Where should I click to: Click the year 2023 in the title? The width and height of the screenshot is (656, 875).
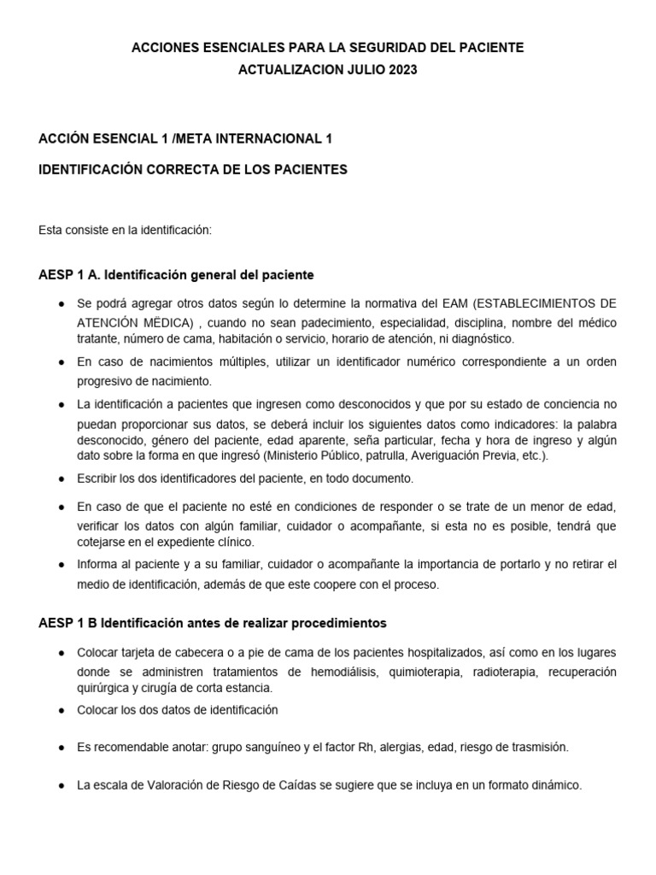tap(403, 71)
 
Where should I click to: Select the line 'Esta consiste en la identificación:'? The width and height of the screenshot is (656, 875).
tap(125, 230)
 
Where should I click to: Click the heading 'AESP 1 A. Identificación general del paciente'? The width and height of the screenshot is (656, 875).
tap(177, 275)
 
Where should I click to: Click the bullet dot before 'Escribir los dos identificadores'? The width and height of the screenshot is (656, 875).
tap(61, 479)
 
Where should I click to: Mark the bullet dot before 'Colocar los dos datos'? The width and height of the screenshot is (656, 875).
tap(61, 710)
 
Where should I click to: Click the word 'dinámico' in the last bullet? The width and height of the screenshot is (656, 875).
tap(556, 785)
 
